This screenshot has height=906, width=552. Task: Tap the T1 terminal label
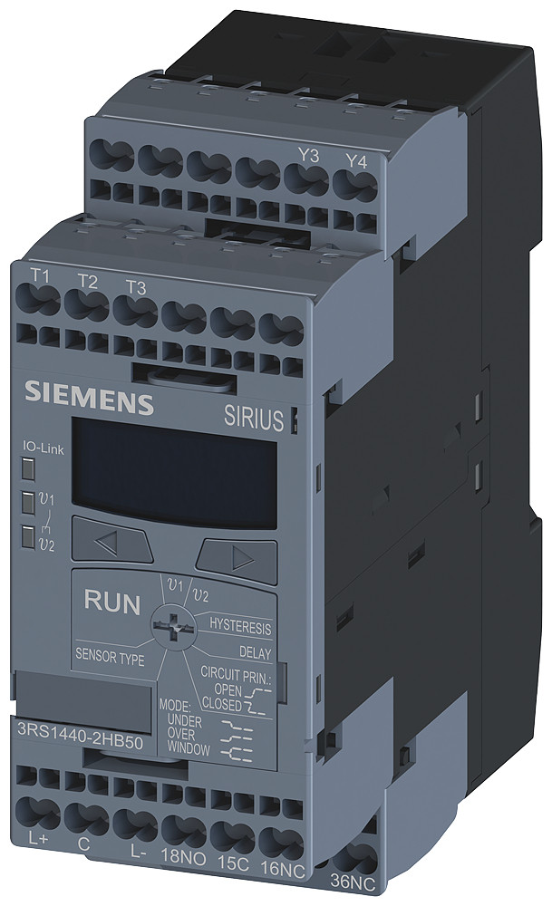tap(40, 275)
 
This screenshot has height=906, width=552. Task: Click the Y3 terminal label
tap(309, 156)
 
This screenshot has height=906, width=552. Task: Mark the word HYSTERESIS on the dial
tap(240, 626)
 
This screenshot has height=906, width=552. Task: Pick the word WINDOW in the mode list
tap(188, 750)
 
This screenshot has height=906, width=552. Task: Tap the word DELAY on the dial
tap(255, 651)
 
